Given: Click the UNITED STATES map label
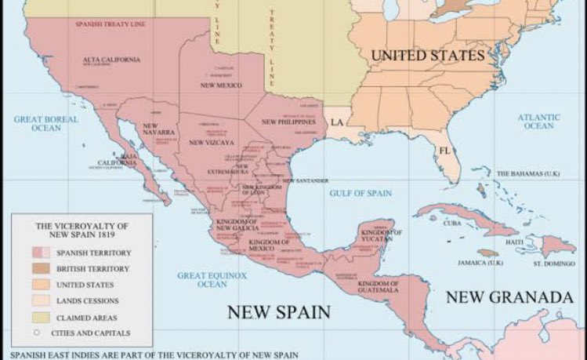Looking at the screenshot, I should (x=427, y=56).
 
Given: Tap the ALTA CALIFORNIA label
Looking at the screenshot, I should (x=111, y=60).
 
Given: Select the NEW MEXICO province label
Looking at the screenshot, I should (x=220, y=85).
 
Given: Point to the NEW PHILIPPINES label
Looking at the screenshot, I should (x=288, y=122).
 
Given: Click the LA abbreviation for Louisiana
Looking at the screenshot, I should (x=336, y=123).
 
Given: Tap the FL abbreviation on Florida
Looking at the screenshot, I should (x=444, y=150).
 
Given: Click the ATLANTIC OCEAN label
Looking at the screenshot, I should (x=538, y=122).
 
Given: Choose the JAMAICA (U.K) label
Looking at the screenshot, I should (x=484, y=262).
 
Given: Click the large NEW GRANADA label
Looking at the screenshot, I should (x=509, y=297).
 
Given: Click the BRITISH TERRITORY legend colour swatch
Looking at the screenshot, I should (x=41, y=269).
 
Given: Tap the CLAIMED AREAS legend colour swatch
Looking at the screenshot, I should (x=41, y=316).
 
